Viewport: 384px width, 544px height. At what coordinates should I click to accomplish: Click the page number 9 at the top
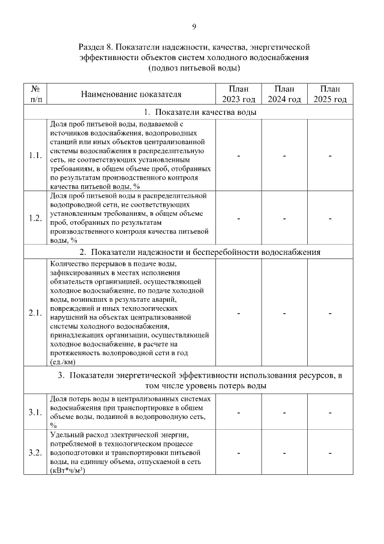point(194,26)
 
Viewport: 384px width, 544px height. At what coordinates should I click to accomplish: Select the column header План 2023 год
point(239,94)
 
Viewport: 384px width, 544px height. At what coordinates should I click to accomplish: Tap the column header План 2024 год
point(284,94)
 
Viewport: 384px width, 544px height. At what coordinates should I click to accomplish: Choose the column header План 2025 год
point(330,94)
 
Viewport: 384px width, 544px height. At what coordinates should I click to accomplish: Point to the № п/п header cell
point(35,94)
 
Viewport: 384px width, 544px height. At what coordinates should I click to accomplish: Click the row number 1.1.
point(35,156)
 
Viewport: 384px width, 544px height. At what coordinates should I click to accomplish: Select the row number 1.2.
point(35,218)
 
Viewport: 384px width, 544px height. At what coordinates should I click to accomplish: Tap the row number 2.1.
point(35,313)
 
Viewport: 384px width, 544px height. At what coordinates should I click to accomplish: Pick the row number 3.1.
point(35,412)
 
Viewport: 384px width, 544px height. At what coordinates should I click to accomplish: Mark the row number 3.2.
point(35,452)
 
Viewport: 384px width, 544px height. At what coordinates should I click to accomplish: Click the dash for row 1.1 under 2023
point(239,156)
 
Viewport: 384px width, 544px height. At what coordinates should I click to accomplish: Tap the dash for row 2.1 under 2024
point(284,313)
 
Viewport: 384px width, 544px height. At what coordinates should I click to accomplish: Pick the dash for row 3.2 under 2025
point(330,453)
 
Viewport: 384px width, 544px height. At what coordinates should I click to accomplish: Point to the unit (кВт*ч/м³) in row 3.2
point(67,470)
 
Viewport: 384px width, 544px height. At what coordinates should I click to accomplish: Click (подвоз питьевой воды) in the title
point(194,69)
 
